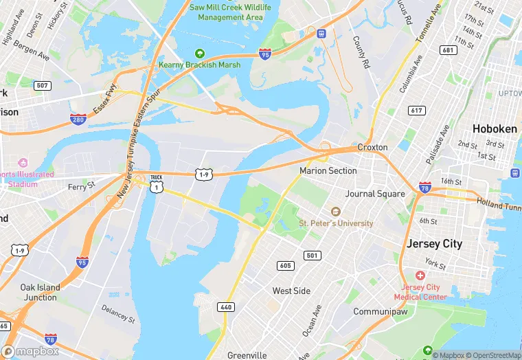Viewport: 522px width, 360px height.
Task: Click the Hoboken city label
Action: [495, 128]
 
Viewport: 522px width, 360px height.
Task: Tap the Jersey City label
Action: [434, 244]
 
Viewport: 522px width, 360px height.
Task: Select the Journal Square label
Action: [375, 194]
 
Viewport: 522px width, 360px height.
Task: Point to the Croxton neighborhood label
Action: [372, 147]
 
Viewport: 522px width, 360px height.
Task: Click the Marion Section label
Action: [328, 170]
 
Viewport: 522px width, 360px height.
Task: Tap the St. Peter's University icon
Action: [335, 212]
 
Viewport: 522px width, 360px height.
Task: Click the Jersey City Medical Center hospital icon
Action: [420, 275]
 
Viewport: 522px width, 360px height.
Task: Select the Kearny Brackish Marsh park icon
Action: [200, 53]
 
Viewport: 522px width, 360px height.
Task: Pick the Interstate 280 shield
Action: [78, 120]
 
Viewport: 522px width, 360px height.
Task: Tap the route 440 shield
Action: [226, 306]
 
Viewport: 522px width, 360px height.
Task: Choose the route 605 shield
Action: [285, 265]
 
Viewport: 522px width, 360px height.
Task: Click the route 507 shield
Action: [43, 86]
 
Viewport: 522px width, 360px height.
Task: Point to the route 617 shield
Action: [416, 110]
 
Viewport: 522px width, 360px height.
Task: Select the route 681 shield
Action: [448, 50]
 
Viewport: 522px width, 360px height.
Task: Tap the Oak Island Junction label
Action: [39, 292]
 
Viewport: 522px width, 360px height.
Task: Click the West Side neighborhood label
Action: [291, 291]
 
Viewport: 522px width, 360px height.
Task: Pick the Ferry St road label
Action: [81, 186]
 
